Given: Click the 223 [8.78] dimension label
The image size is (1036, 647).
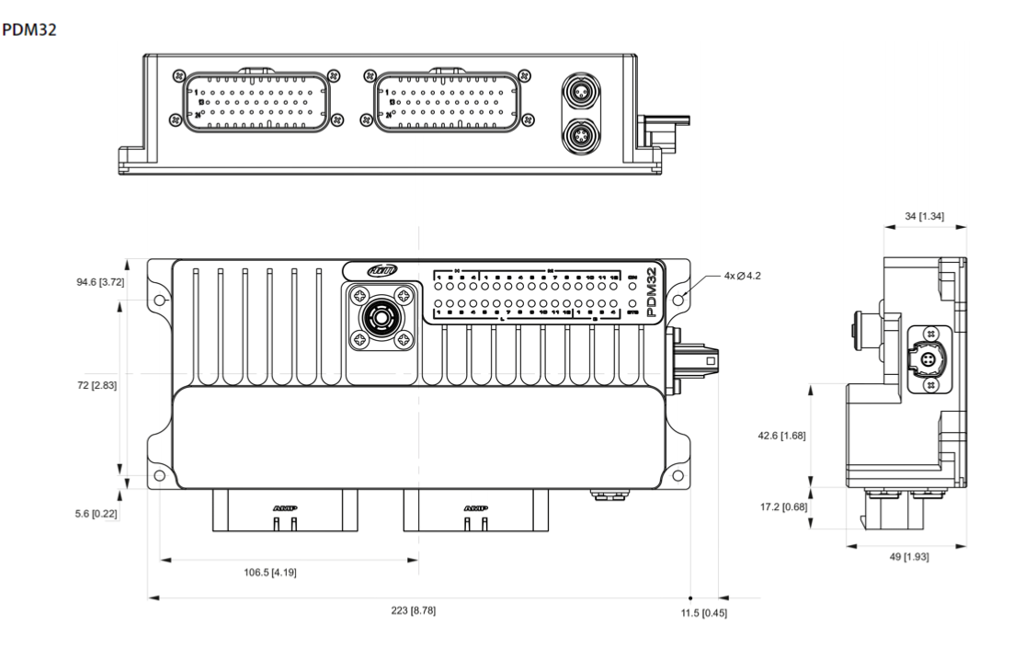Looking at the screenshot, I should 416,611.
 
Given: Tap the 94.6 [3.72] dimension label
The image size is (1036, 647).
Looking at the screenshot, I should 100,281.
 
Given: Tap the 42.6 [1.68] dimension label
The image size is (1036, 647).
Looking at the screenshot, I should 781,436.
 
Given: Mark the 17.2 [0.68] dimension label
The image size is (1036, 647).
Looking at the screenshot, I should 781,505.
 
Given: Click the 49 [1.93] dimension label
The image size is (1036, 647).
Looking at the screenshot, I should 907,558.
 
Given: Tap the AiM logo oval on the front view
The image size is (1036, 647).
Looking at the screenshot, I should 380,270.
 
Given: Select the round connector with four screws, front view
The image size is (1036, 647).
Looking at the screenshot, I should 378,316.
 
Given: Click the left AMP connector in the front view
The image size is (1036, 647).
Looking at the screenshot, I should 286,509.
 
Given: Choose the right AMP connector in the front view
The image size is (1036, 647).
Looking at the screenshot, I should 476,509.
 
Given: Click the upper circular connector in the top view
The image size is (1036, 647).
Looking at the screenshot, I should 582,95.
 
